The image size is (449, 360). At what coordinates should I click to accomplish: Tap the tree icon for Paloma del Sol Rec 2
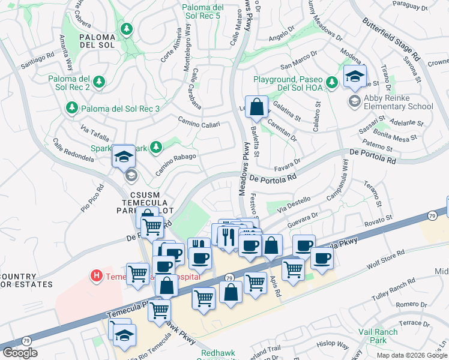coord(99,81)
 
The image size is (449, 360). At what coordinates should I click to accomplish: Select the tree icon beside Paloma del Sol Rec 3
coord(71,108)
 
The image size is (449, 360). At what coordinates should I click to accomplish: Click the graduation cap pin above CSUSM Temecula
coord(124,157)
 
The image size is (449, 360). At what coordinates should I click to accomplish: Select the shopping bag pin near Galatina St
coord(256,108)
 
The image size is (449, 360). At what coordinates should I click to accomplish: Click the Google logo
coord(20,352)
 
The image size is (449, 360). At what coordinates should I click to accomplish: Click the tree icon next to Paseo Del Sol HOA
coord(331,81)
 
